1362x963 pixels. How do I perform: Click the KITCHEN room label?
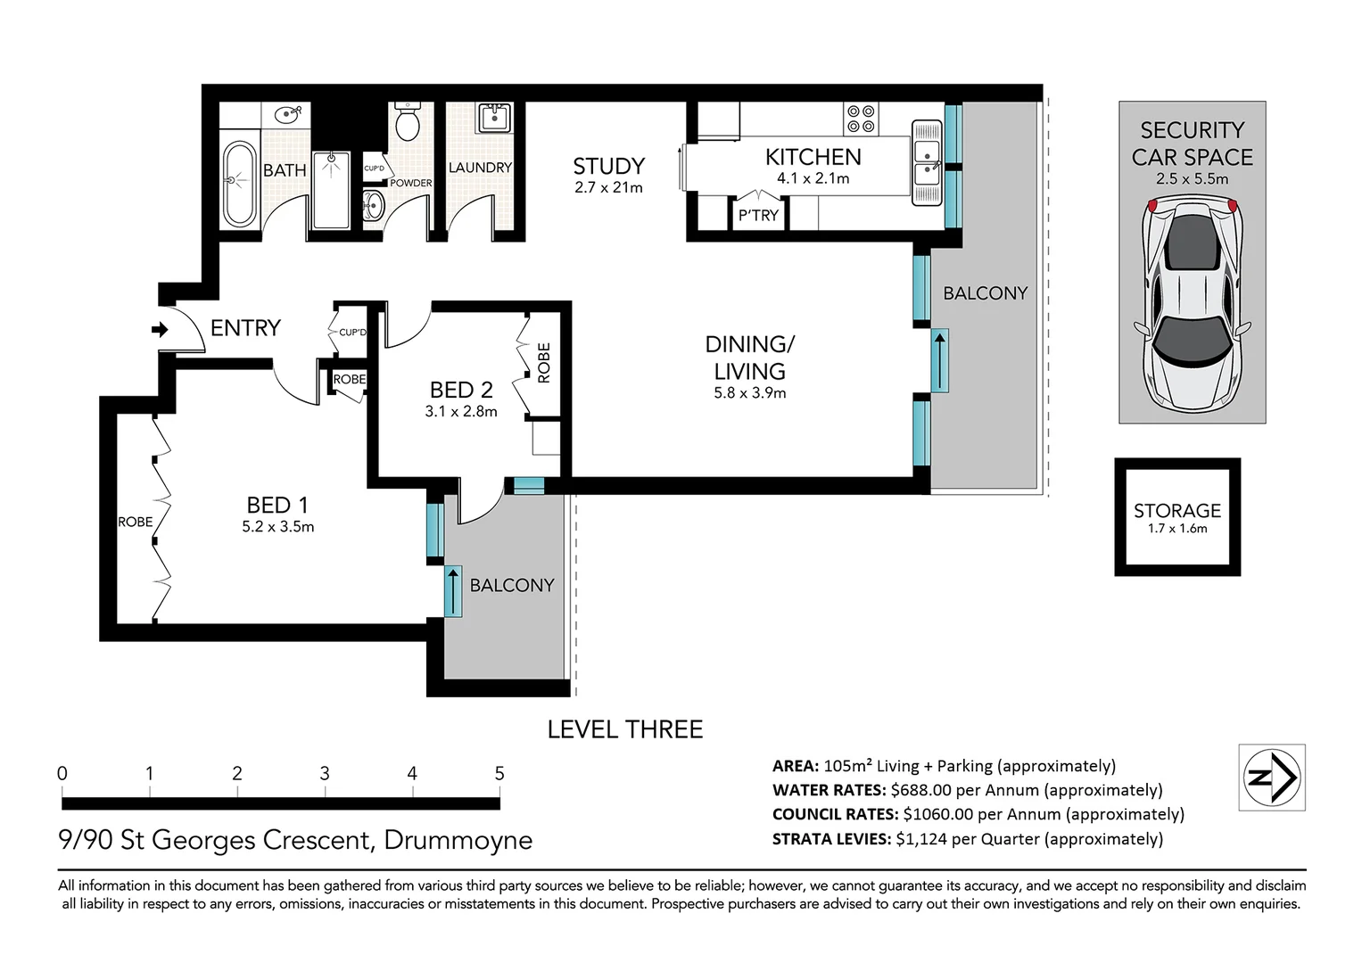(x=813, y=157)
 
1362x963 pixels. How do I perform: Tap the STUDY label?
(x=608, y=166)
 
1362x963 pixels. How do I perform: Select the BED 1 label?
(x=277, y=506)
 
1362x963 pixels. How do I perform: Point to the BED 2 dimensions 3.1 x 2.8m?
(x=461, y=412)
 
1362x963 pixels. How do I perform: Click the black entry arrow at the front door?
(x=160, y=330)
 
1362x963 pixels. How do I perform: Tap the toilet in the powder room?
(x=408, y=121)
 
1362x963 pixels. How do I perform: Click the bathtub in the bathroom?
(x=240, y=185)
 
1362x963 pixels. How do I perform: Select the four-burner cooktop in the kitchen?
(x=861, y=119)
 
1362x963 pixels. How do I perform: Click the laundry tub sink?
(x=495, y=118)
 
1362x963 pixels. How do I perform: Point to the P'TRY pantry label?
(x=758, y=215)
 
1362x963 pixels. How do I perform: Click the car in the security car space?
(x=1193, y=303)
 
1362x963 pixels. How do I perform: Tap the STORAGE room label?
(x=1177, y=511)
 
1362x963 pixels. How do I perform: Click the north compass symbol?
(x=1272, y=778)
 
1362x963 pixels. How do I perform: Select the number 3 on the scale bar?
(x=325, y=773)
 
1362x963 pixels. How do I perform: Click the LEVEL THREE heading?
(x=625, y=729)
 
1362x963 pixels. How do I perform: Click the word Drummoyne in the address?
(x=458, y=840)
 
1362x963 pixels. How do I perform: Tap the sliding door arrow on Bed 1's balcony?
(x=453, y=591)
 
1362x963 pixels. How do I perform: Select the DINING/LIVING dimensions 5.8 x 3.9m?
(x=750, y=392)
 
